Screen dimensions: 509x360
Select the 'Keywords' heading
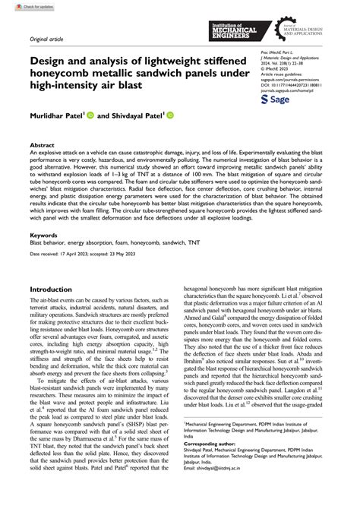[44, 236]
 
